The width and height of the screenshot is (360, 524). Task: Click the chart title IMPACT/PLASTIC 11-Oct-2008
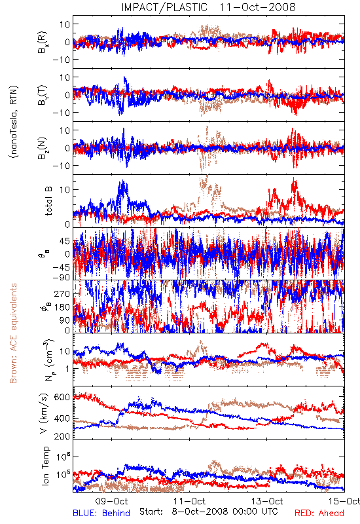[208, 7]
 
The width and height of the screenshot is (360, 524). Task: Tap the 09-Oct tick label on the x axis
[111, 501]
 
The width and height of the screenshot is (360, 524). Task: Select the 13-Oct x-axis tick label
[267, 501]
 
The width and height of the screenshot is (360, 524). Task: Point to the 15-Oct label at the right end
[345, 501]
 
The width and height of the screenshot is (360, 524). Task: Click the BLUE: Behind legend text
[101, 513]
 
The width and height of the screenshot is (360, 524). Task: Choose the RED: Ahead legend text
[319, 513]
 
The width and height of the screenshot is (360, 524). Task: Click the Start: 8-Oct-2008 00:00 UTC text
[208, 512]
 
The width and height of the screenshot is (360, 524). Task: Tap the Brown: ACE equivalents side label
[13, 333]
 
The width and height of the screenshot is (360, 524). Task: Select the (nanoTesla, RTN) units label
[14, 121]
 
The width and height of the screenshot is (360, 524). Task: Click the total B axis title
[48, 201]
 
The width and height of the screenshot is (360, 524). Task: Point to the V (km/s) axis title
[44, 413]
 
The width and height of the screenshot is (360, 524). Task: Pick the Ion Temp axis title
[45, 466]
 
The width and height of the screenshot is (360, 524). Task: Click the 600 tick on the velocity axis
[62, 398]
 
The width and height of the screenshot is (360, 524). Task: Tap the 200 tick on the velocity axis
[62, 436]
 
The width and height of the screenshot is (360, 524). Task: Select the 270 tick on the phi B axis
[62, 294]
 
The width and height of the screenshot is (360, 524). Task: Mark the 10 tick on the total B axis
[65, 190]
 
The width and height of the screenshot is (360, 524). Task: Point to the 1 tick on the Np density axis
[67, 369]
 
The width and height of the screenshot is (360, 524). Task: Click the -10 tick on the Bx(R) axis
[61, 60]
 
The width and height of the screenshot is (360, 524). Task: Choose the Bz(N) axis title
[43, 148]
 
